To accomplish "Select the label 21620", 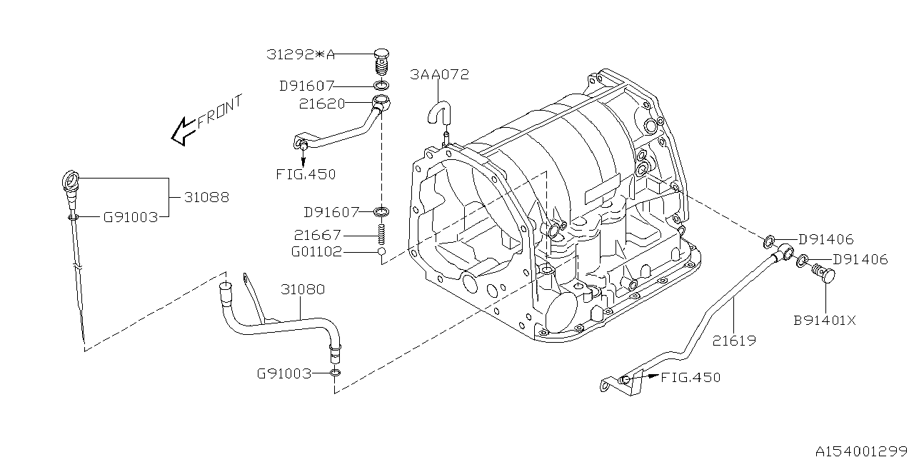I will coord(322,104).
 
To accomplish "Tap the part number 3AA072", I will coord(440,74).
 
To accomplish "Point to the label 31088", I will coord(207,197).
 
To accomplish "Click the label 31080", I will coord(302,290).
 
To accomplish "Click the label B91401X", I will coord(825,321).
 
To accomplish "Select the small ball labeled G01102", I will coord(382,252).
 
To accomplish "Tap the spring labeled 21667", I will coord(382,233).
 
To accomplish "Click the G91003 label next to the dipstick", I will coord(130,217).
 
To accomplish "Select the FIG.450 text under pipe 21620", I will coord(305,174).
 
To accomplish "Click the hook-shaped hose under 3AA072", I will coord(438,114).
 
